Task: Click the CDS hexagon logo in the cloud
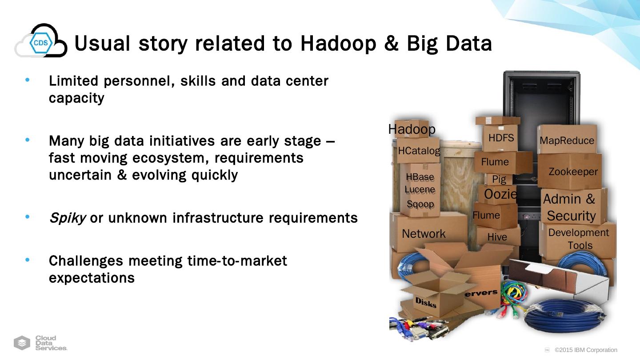(x=41, y=43)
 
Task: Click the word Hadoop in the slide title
(x=338, y=44)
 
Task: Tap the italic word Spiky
(x=68, y=218)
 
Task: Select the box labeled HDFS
(x=500, y=138)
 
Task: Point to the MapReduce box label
(x=567, y=140)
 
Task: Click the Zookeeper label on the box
(x=573, y=172)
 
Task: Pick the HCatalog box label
(x=419, y=151)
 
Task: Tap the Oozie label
(x=500, y=194)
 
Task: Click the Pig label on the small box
(x=499, y=180)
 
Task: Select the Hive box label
(x=497, y=237)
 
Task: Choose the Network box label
(x=424, y=234)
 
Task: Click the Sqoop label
(x=420, y=204)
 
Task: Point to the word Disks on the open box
(x=426, y=302)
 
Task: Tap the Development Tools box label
(x=579, y=239)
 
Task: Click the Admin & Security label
(x=570, y=208)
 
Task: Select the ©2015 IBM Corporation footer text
(x=586, y=350)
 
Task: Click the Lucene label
(x=420, y=189)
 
